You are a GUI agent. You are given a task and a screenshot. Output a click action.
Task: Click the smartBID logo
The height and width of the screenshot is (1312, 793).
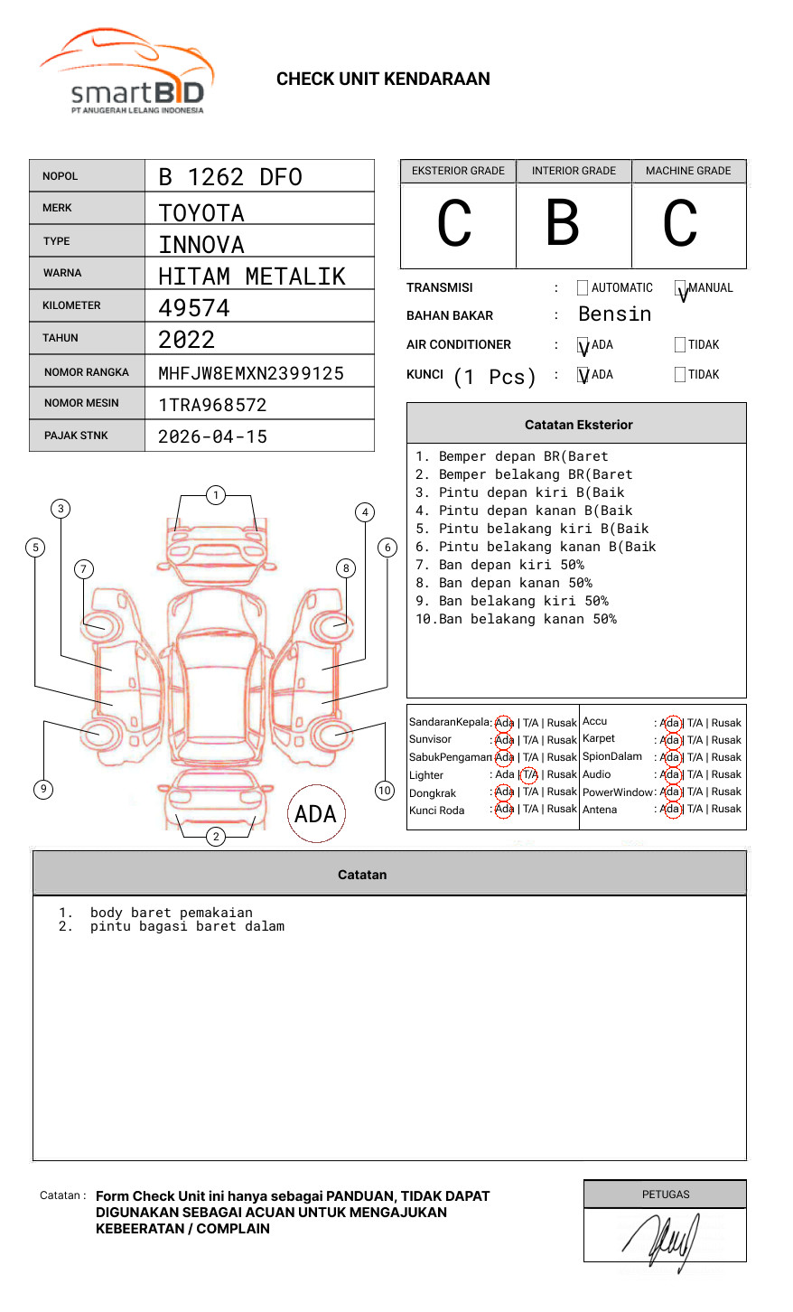coord(126,72)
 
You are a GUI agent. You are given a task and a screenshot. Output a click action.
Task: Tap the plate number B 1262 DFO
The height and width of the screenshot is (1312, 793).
coord(229,177)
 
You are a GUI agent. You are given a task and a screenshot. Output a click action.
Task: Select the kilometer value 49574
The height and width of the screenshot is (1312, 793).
coord(194,308)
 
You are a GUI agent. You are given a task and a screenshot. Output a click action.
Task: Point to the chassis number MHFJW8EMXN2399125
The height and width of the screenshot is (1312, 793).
coord(251,373)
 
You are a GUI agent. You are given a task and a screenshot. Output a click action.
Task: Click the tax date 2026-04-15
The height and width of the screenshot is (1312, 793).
coord(213,437)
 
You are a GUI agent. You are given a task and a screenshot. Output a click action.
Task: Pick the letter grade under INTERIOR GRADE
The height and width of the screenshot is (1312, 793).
coord(563,223)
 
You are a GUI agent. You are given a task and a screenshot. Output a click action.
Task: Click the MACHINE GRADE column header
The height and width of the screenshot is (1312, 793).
coord(688,171)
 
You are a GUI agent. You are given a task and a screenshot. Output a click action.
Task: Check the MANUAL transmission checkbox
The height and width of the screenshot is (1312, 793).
coord(681,288)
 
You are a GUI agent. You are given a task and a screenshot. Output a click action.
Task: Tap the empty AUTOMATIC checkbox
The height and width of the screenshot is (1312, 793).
coord(583,288)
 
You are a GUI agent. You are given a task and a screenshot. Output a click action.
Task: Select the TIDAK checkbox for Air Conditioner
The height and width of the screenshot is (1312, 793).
coord(680,345)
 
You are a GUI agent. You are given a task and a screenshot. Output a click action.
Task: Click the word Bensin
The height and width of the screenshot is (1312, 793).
coord(614,314)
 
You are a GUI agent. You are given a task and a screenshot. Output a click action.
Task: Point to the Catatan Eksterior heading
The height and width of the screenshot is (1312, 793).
coord(578,425)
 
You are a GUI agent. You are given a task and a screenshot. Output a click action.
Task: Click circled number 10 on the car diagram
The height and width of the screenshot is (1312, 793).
coord(385,791)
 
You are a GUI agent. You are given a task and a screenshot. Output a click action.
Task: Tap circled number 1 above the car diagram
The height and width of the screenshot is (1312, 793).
coord(215,495)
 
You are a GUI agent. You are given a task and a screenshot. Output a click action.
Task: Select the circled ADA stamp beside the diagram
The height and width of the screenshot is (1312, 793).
coord(316,814)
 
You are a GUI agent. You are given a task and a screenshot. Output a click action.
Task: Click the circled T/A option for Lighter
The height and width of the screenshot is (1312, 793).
coord(529,774)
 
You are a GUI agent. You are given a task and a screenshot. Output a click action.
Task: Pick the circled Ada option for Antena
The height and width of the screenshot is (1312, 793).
coord(671,810)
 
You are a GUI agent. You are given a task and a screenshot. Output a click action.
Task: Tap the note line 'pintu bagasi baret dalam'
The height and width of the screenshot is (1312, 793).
coord(187,927)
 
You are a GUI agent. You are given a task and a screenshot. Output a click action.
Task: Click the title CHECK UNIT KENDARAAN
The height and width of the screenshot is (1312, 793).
coord(383,80)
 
